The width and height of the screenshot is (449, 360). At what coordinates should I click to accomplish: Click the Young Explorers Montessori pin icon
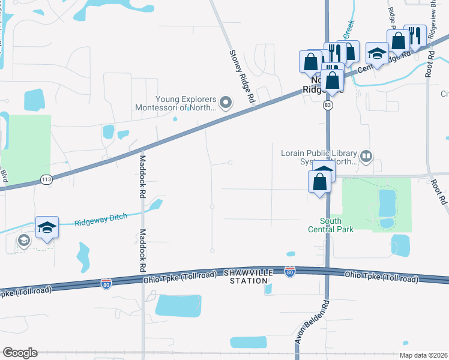[x=226, y=104]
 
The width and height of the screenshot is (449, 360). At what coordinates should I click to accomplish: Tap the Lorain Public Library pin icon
[x=366, y=158]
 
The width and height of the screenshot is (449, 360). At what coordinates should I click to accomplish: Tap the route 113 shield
[x=46, y=179]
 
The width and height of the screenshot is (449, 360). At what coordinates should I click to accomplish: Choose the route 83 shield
[x=327, y=105]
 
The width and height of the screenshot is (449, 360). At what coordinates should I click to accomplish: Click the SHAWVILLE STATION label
[x=246, y=277]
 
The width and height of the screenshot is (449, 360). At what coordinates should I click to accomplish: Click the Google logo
[x=20, y=353]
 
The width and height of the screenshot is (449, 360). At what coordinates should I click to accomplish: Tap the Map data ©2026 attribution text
[x=423, y=355]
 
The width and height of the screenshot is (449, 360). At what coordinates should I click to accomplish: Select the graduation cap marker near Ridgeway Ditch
[x=47, y=228]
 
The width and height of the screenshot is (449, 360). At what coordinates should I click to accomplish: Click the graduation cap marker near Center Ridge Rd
[x=377, y=53]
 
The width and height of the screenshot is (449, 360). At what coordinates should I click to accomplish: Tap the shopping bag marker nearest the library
[x=320, y=181]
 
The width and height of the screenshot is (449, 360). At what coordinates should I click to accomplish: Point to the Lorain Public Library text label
[x=319, y=157]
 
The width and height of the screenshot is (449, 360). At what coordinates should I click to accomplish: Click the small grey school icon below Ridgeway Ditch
[x=23, y=241]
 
